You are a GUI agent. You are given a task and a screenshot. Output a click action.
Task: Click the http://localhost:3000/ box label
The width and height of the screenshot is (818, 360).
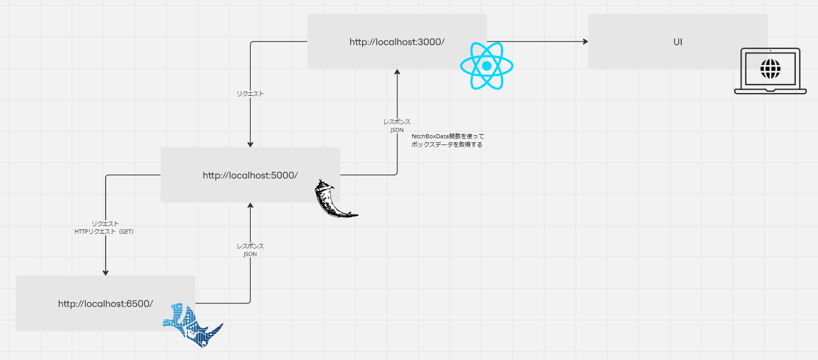point(397,42)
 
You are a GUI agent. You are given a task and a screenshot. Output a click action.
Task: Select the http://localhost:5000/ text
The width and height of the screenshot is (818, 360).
point(250,176)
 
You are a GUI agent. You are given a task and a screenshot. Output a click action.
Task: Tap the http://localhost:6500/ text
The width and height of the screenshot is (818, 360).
point(105,304)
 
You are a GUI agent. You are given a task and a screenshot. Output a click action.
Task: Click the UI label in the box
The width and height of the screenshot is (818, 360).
point(678,42)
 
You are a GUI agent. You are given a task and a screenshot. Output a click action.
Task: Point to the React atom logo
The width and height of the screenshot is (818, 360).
point(486,66)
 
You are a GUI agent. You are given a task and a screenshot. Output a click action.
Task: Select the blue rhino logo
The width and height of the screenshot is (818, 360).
point(192,325)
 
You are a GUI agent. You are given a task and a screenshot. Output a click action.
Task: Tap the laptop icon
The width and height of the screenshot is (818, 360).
point(770,71)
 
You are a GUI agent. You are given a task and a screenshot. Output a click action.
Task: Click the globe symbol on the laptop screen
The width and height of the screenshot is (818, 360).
point(770,68)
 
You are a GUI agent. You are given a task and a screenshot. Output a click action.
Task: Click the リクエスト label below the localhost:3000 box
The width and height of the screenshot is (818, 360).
point(250,94)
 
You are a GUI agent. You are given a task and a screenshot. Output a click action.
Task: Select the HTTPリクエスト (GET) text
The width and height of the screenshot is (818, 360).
point(104,232)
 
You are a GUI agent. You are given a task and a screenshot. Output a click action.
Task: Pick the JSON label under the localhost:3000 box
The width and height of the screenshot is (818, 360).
point(397,130)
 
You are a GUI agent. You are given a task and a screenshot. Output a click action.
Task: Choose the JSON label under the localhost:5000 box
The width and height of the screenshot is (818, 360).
point(250,254)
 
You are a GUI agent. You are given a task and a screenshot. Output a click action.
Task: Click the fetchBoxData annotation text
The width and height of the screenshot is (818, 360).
point(448,140)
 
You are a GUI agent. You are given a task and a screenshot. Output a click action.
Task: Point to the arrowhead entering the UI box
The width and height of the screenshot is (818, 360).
point(585,41)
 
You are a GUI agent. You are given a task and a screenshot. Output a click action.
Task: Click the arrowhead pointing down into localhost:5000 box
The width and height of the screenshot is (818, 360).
point(250,145)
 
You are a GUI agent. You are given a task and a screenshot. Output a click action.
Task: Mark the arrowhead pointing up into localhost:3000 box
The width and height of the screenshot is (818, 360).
point(397,73)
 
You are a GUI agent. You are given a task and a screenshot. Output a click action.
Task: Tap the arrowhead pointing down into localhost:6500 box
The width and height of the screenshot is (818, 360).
point(106,272)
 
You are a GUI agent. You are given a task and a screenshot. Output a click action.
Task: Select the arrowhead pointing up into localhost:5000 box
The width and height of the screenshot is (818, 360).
point(250,206)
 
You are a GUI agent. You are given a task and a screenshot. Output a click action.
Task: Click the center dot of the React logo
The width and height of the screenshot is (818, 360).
point(486,66)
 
